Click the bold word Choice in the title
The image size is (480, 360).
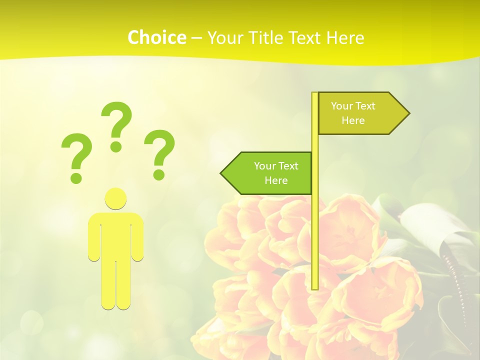point(156,37)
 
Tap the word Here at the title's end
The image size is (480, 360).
point(345,38)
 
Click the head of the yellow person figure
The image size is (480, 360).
point(115,198)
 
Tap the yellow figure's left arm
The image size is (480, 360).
point(94,240)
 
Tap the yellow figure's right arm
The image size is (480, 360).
point(137,240)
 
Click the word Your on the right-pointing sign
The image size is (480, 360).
point(341,106)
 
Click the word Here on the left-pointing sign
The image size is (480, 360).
point(276,180)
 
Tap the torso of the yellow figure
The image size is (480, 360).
point(115,235)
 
